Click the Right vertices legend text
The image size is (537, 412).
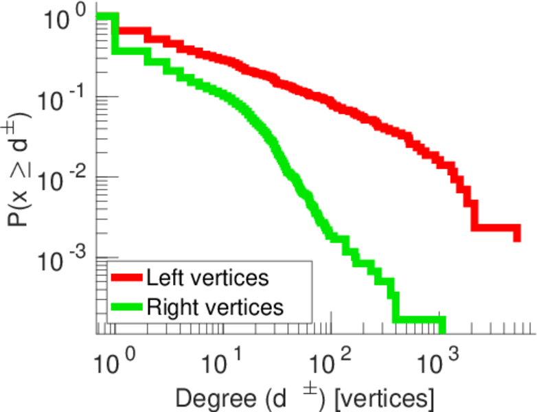(215, 307)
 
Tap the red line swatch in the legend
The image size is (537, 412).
(128, 277)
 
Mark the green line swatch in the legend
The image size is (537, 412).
(128, 307)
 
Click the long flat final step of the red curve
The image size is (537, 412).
(494, 227)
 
